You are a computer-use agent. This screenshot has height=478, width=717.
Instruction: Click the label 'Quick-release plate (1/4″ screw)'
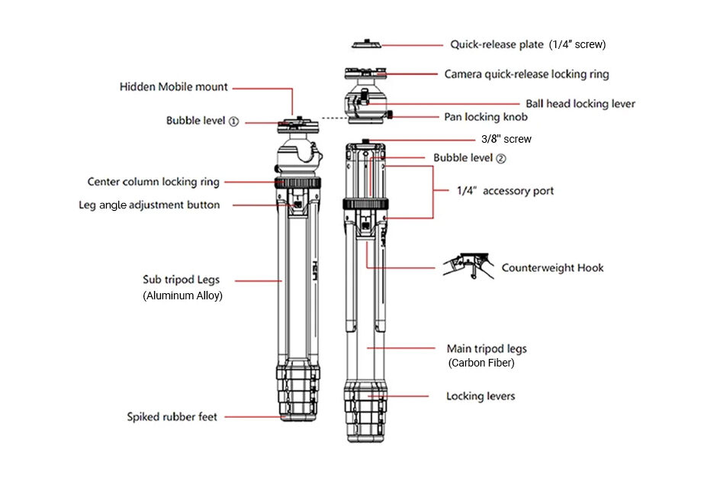[x=527, y=44]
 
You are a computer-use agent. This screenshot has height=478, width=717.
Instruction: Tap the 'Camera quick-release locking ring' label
[x=526, y=74]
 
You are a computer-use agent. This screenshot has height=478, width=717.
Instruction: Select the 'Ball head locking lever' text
[x=580, y=103]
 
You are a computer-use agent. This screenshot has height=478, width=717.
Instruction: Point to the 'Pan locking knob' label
[x=486, y=117]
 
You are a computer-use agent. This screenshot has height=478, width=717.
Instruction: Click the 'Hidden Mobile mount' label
[x=173, y=87]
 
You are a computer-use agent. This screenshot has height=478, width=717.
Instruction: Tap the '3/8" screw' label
[x=506, y=139]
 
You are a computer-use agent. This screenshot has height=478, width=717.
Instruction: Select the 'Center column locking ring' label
[x=153, y=182]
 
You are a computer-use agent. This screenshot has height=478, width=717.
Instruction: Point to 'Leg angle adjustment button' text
[x=149, y=205]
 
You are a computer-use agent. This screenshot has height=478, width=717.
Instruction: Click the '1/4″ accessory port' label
[x=505, y=191]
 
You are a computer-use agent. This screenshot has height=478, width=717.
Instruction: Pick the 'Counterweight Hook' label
[x=552, y=267]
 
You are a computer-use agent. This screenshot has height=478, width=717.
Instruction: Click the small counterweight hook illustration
[x=468, y=264]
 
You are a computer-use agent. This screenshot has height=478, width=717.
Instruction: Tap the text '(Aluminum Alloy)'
[x=182, y=296]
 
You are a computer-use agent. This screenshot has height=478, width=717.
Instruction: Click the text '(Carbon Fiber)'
[x=481, y=363]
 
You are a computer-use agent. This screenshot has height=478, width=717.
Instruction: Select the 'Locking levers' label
[x=480, y=396]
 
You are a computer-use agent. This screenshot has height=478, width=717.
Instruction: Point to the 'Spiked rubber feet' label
[x=172, y=417]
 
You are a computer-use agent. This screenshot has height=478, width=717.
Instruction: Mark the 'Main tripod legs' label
[x=486, y=348]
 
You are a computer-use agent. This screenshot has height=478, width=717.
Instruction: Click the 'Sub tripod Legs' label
[x=181, y=279]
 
